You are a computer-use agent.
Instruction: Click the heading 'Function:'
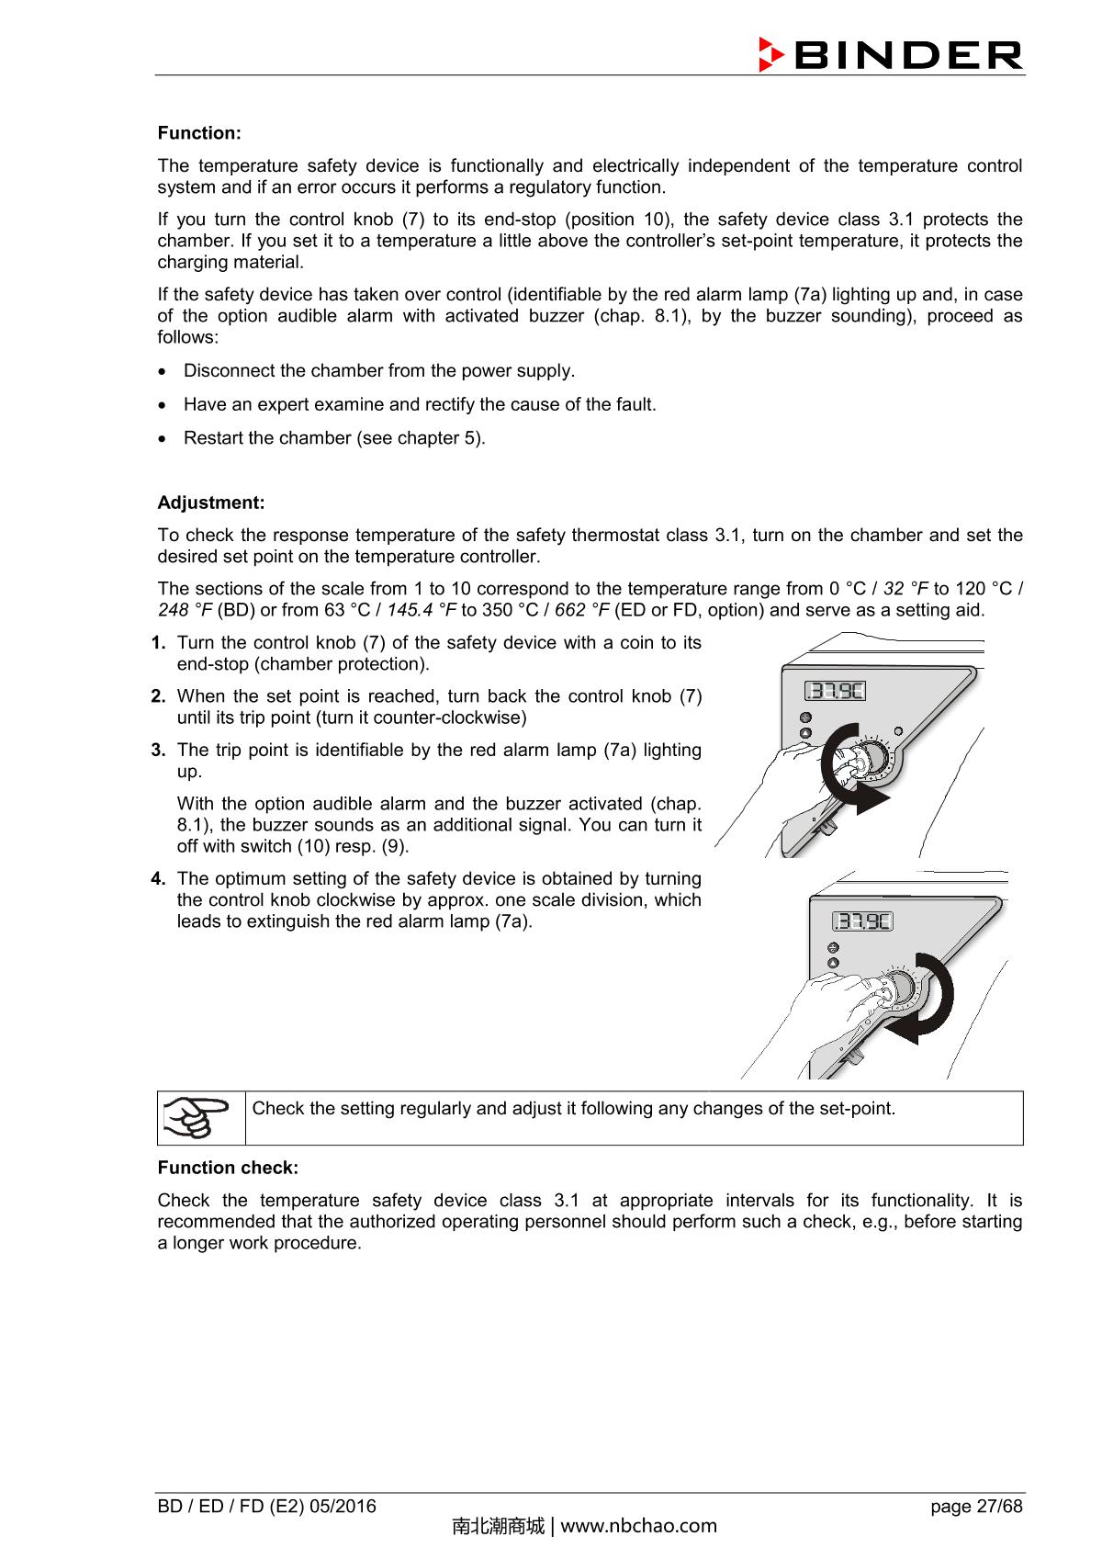coord(199,133)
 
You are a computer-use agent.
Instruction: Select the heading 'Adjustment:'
coord(210,503)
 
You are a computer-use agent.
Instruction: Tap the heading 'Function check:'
coord(228,1168)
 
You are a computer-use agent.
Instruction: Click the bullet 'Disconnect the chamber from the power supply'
coord(378,371)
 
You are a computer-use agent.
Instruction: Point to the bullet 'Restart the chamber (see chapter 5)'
coord(334,438)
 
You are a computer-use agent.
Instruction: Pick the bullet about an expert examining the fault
coord(420,404)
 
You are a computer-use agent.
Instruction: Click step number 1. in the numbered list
coord(159,643)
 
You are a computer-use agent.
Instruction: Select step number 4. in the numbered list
coord(158,879)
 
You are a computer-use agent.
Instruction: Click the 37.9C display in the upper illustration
coord(835,691)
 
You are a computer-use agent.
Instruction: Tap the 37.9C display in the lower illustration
coord(862,921)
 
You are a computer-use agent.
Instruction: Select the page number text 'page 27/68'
coord(975,1507)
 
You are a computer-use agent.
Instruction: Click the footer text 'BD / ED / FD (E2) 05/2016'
coord(266,1507)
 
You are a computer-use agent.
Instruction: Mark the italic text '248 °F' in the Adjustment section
coord(185,610)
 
